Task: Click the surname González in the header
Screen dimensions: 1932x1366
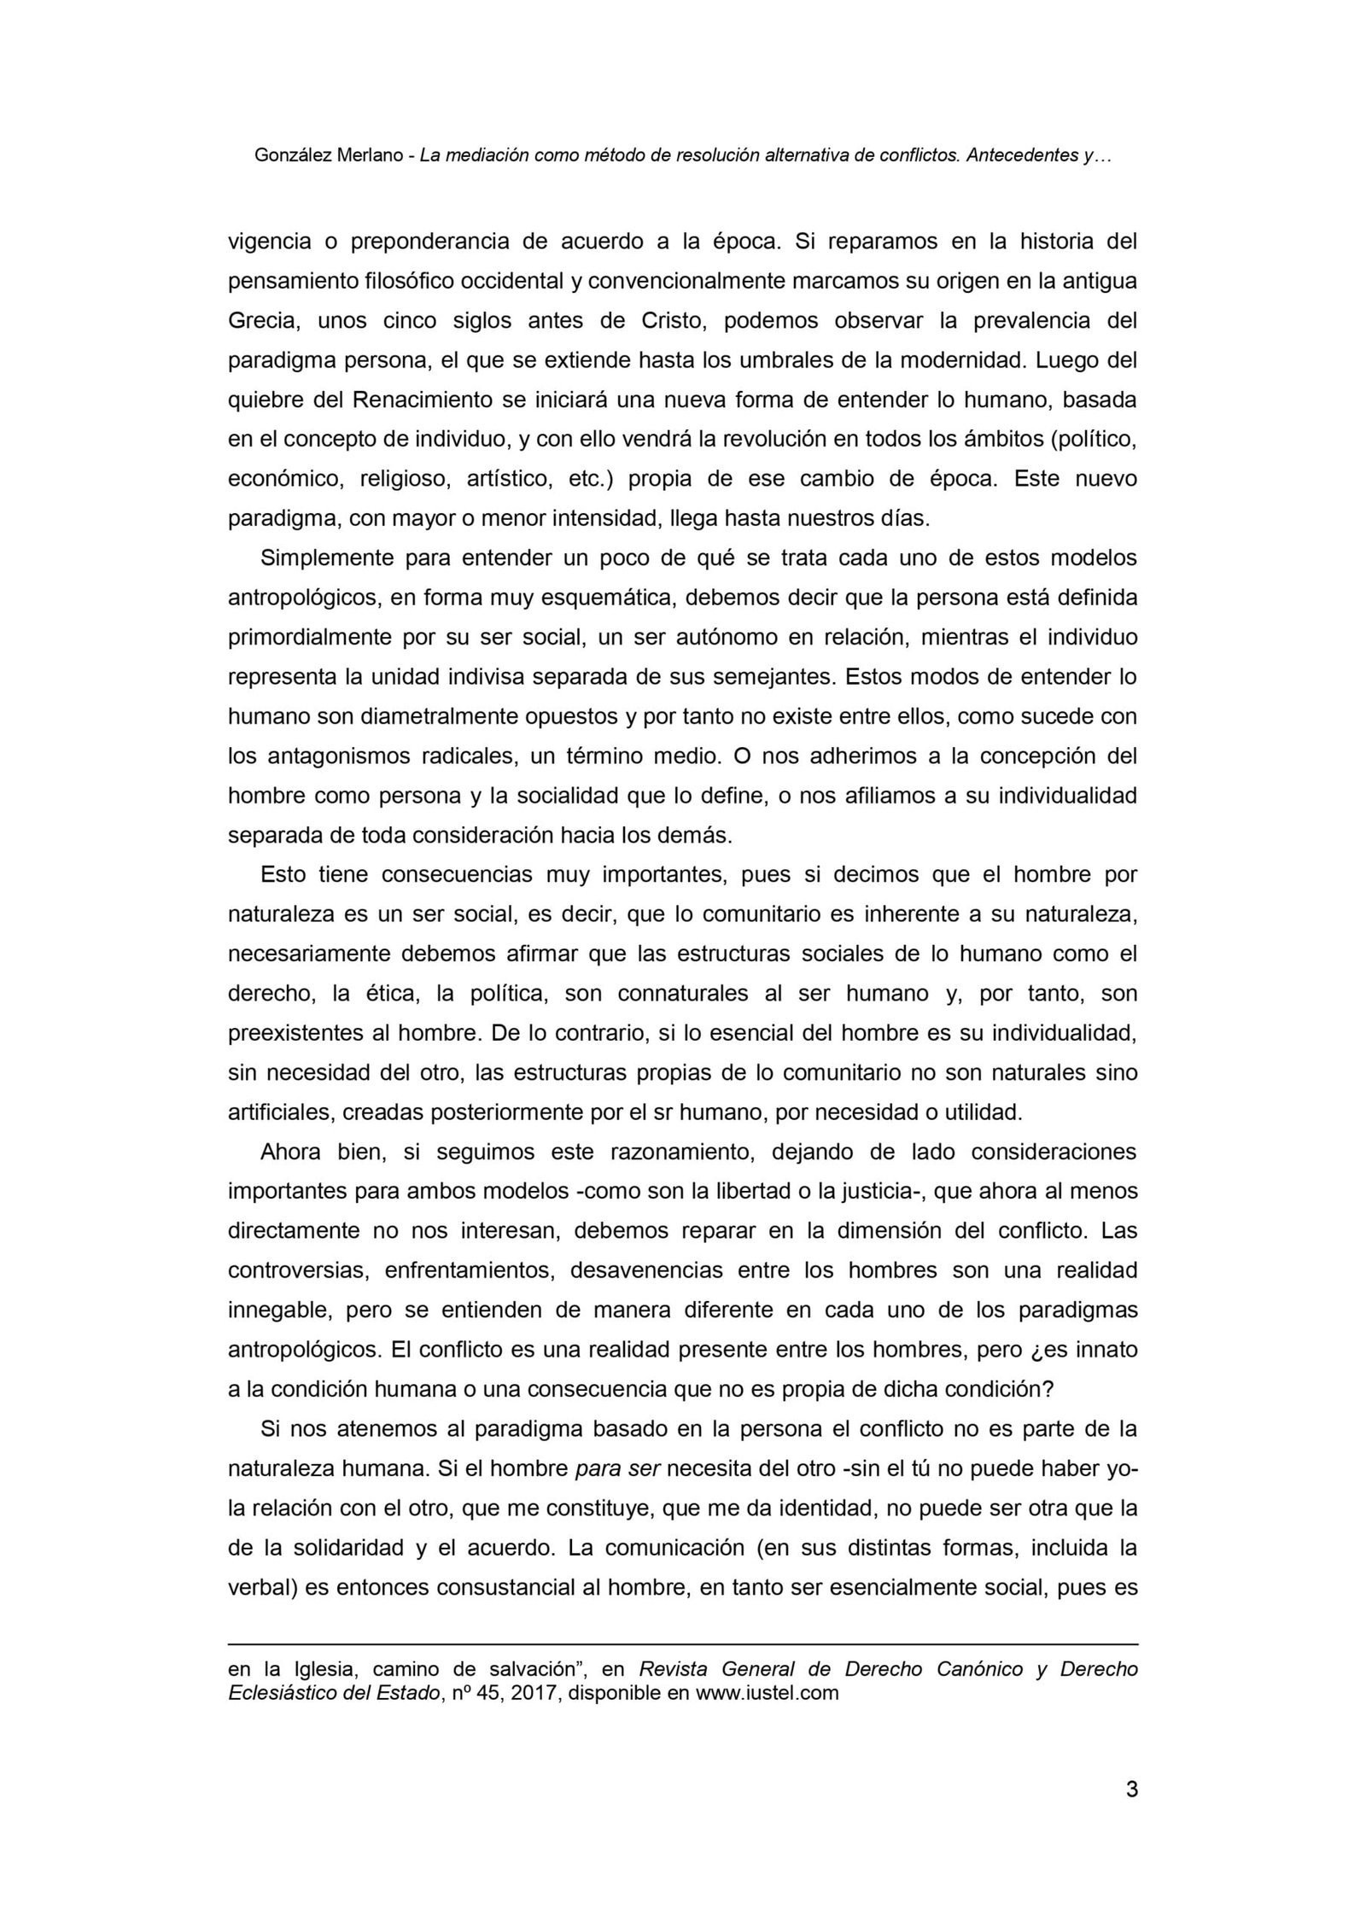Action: click(x=293, y=156)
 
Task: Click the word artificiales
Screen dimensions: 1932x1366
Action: click(x=276, y=1112)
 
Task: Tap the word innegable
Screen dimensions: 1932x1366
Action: click(x=275, y=1310)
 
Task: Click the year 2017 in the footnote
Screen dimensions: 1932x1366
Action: click(x=534, y=1693)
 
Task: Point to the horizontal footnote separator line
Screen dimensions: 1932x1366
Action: click(x=683, y=1644)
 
